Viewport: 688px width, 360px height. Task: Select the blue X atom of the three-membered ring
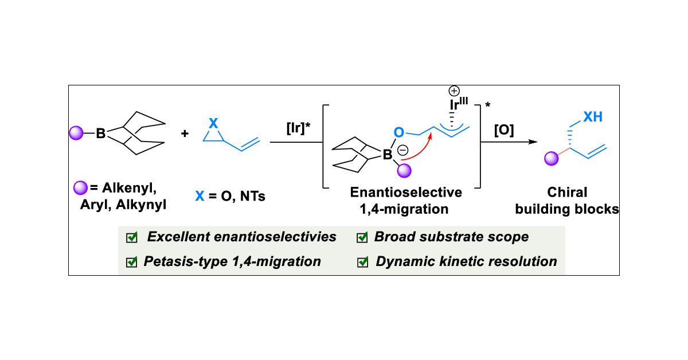click(214, 123)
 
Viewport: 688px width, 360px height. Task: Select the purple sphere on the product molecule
click(550, 158)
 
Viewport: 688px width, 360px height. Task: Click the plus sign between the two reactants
click(185, 134)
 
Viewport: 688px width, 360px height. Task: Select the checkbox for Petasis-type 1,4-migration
click(132, 262)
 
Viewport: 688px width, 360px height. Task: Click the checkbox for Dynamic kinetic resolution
click(362, 262)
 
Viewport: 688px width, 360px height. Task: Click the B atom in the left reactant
click(101, 135)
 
